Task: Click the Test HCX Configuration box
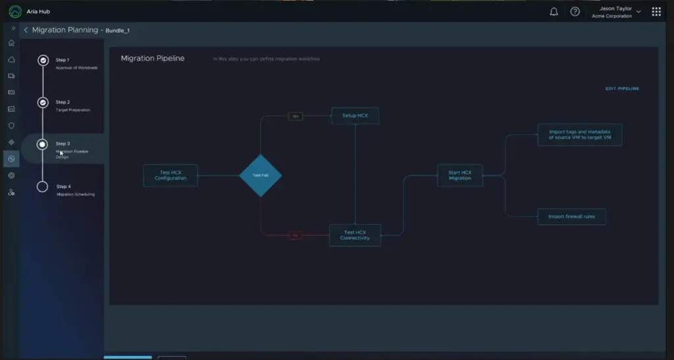click(170, 176)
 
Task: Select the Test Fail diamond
click(261, 176)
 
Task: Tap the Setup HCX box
click(355, 116)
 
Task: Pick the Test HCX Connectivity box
click(355, 235)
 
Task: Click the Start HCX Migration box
click(460, 176)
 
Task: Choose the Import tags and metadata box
click(580, 134)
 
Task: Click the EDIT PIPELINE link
click(622, 89)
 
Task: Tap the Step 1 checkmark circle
click(43, 61)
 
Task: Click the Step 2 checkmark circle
click(43, 103)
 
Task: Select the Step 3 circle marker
click(43, 144)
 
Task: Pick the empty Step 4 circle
click(43, 187)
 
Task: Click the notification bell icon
click(554, 12)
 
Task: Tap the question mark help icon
click(575, 12)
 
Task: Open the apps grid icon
click(656, 12)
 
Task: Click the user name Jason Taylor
click(616, 9)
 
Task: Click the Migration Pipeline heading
click(153, 59)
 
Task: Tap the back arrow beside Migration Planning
click(26, 30)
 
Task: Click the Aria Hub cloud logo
click(15, 12)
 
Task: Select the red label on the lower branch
click(295, 235)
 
